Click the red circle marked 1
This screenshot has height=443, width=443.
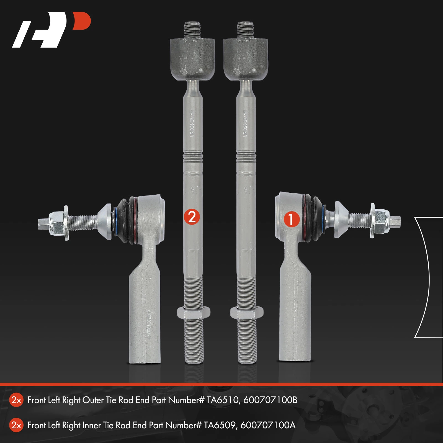(291, 220)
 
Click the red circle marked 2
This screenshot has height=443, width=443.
(192, 217)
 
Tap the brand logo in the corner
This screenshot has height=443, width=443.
(51, 30)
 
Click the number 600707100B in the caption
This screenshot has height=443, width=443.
(270, 400)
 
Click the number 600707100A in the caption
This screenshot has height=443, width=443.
(268, 425)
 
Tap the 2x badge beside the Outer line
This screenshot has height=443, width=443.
(16, 400)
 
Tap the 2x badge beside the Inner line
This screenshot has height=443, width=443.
(16, 425)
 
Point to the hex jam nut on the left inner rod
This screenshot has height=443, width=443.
(193, 313)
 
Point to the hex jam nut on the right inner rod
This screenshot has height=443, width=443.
(246, 313)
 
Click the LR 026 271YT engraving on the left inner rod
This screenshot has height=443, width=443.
(192, 123)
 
